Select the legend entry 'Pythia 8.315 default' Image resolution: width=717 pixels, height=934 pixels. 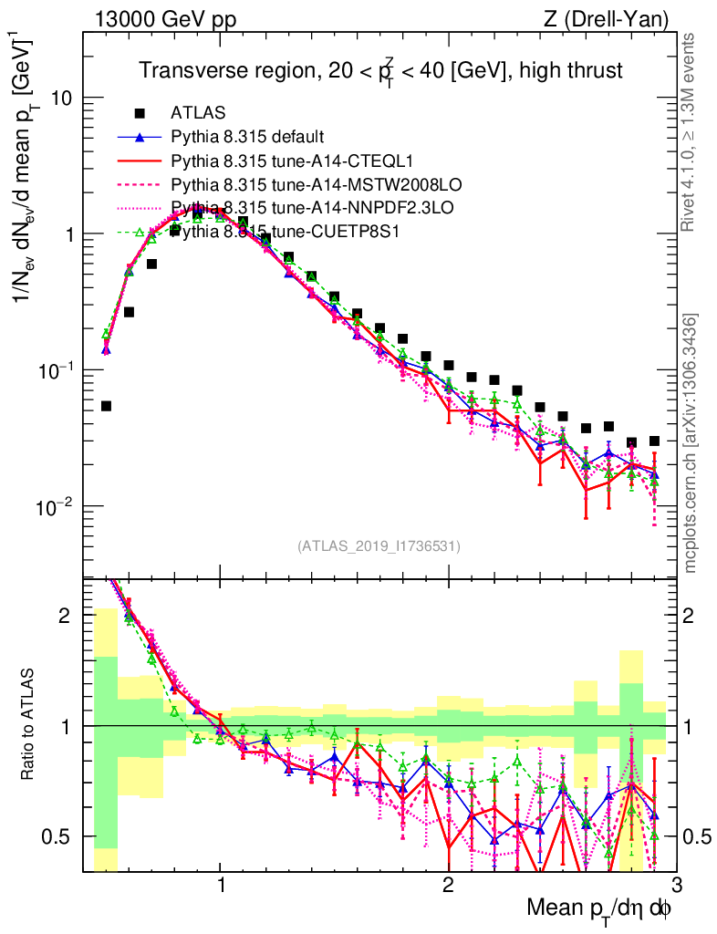[246, 138]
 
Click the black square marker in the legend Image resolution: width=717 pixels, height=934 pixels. [140, 113]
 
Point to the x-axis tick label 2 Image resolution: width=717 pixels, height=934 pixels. [448, 882]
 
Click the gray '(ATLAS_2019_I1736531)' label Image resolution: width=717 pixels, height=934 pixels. [379, 546]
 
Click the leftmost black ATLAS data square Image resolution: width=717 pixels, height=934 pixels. [106, 406]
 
